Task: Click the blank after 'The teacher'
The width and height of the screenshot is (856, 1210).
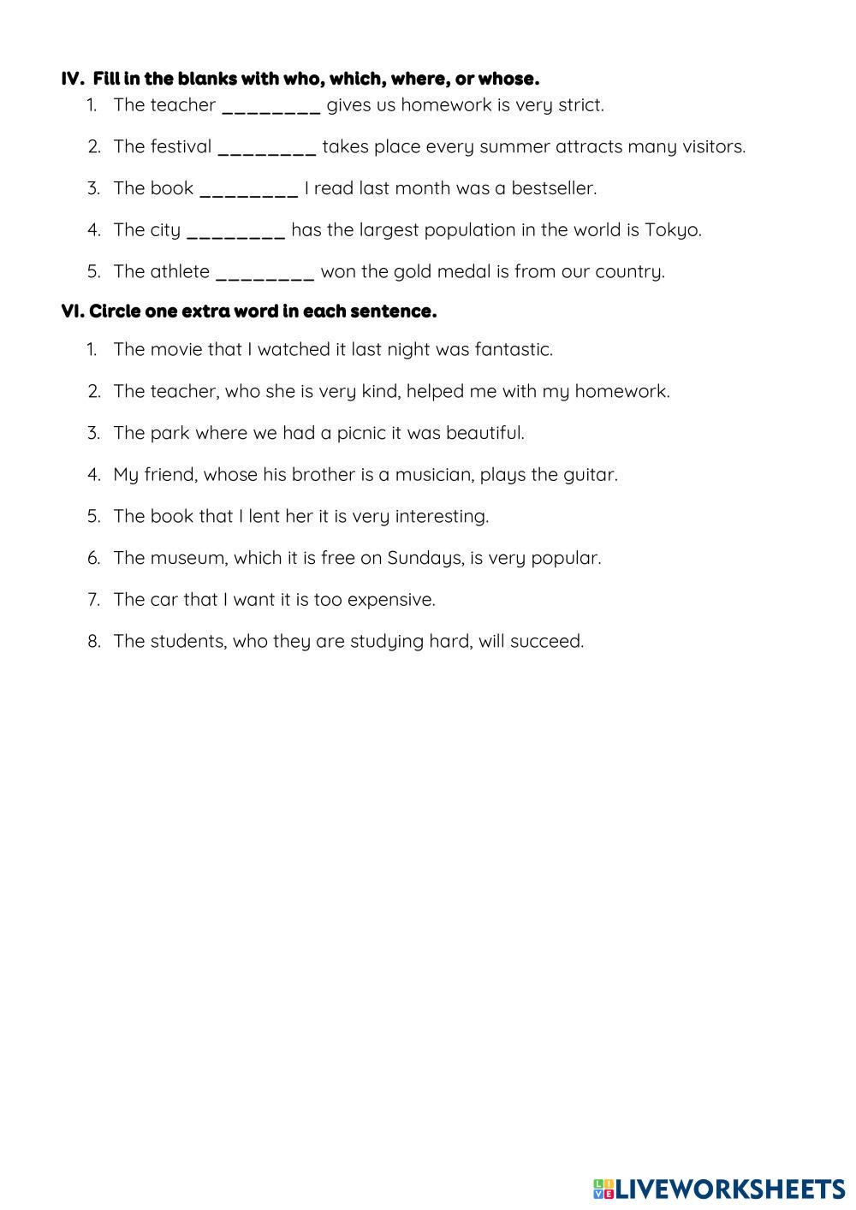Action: click(270, 106)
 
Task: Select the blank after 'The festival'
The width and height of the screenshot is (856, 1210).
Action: click(267, 148)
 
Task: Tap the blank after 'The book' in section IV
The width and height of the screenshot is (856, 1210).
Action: click(248, 189)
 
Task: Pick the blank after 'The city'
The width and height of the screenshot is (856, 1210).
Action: click(235, 231)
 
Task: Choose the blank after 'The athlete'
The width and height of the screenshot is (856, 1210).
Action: click(265, 273)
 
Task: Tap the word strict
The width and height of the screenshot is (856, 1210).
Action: click(580, 105)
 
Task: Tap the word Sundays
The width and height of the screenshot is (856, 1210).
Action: click(425, 558)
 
